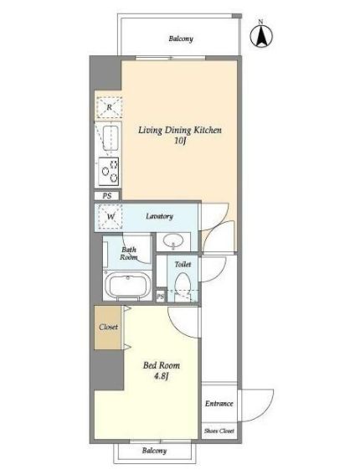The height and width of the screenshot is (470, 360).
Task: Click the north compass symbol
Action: coord(261,35)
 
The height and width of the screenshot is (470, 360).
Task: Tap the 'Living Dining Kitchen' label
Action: coord(180,131)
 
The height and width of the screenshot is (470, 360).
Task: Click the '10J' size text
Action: coord(180,141)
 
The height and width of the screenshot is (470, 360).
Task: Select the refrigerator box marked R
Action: coord(109,107)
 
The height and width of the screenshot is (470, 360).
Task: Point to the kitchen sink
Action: coord(111,138)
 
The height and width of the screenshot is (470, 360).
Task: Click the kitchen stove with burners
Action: coord(109,171)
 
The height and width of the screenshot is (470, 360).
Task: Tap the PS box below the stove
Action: coord(107,196)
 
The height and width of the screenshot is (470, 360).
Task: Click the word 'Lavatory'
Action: coord(159,216)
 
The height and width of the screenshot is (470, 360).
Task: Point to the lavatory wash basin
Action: coord(173,240)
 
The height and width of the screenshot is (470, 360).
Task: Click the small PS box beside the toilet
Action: coord(161,297)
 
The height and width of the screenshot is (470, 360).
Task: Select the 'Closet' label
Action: coord(108,327)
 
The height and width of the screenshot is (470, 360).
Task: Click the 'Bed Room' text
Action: coord(162,365)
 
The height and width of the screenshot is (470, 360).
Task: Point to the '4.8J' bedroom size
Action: coord(162,376)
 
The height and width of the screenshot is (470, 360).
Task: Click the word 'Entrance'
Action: coord(219,404)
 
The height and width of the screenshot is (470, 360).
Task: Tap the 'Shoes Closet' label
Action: coord(219,431)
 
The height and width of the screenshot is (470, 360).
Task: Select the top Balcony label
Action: coord(181,39)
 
